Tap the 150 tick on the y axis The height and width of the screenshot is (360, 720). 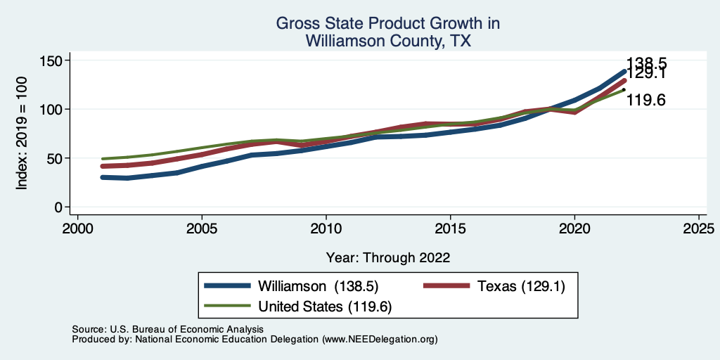point(49,61)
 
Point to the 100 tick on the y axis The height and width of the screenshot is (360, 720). point(49,110)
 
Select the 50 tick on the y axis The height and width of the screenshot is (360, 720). point(53,159)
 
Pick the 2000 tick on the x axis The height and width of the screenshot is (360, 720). point(77,229)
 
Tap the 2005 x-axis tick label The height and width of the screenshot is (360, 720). point(202,229)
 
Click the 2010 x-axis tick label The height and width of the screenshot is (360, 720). point(326,229)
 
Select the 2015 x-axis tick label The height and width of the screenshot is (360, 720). point(451,229)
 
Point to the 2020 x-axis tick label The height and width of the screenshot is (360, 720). point(574,229)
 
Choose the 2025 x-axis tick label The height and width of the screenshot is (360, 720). point(699,229)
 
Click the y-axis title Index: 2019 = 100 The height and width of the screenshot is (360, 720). point(22,134)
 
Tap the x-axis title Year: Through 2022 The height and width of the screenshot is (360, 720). point(388,257)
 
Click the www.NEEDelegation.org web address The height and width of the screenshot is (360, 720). point(379,340)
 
